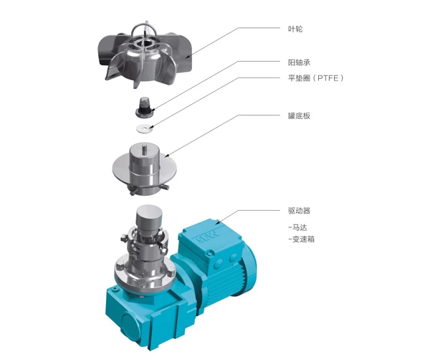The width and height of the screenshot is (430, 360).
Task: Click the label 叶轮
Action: pyautogui.click(x=295, y=29)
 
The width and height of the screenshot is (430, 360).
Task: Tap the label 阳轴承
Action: pyautogui.click(x=299, y=62)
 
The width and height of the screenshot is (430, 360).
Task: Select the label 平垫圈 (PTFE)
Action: pyautogui.click(x=315, y=78)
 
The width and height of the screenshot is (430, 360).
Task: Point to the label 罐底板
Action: pyautogui.click(x=299, y=115)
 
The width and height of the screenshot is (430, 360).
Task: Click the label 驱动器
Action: pyautogui.click(x=299, y=211)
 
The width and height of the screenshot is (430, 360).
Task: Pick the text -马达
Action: pyautogui.click(x=298, y=227)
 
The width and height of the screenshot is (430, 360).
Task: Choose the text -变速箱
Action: pyautogui.click(x=302, y=240)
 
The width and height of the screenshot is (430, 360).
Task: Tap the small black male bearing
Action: pyautogui.click(x=145, y=107)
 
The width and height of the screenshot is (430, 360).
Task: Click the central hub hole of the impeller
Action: pyautogui.click(x=143, y=43)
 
